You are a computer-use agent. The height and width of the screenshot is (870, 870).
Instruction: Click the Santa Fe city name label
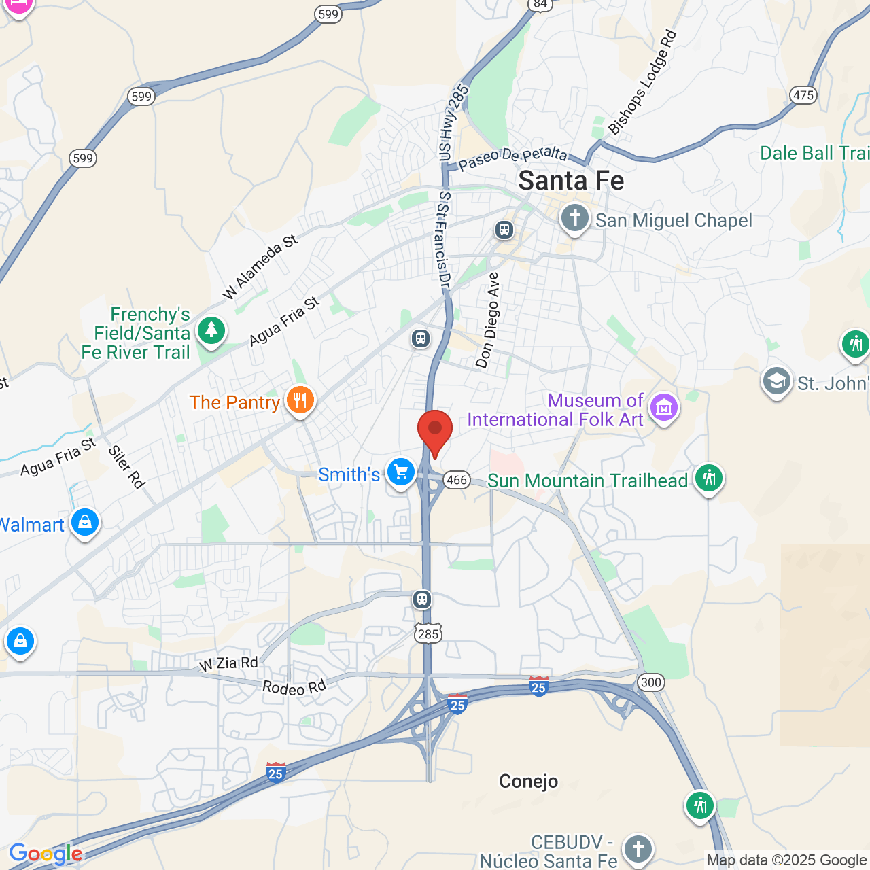pos(571,181)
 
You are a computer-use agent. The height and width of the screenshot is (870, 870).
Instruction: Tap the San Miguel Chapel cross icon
pos(574,219)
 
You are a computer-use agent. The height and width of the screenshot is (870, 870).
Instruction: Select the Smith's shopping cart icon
pos(400,472)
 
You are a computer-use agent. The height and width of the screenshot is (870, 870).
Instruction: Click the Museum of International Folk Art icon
pos(663,407)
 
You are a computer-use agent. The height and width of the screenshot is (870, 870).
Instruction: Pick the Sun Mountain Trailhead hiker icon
pos(708,478)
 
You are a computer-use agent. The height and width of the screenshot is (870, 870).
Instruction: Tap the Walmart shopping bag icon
pos(85,522)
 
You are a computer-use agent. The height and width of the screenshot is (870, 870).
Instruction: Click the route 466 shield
pos(457,480)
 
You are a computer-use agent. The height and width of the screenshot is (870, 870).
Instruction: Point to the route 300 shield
pos(650,682)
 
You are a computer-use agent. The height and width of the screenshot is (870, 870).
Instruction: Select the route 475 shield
pos(803,95)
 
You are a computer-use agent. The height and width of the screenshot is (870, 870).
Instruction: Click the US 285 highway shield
pos(428,633)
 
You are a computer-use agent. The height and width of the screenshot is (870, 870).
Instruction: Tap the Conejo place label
pos(528,782)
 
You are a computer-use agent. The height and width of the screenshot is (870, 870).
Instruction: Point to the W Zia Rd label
pos(228,663)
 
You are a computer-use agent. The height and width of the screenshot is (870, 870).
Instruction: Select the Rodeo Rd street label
pos(294,687)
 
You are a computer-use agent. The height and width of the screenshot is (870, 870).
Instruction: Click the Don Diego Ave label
pos(487,320)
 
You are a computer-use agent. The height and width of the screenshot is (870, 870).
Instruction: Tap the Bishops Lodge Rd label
pos(642,82)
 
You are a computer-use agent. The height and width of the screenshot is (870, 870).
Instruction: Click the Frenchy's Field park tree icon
pos(211,330)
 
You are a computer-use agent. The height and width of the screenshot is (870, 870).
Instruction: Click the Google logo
pos(46,854)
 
